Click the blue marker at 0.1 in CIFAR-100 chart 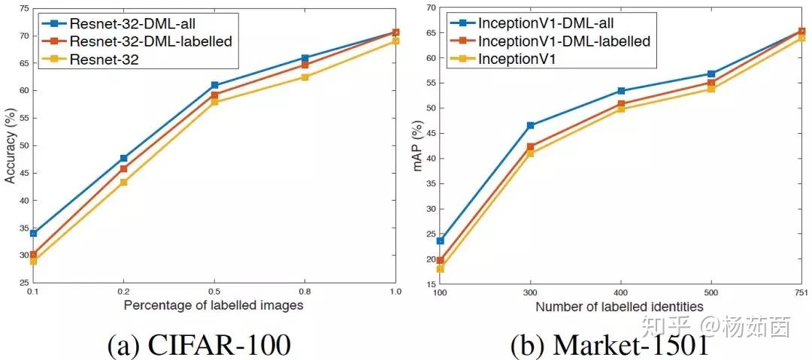click(x=32, y=233)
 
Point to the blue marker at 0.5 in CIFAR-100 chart click(x=214, y=86)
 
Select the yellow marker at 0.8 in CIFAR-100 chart click(x=304, y=77)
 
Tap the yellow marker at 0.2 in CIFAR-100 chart click(x=123, y=182)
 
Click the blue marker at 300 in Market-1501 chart click(x=530, y=126)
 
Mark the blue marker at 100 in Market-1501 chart click(x=440, y=241)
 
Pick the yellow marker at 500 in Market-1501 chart click(x=711, y=89)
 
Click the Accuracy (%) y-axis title click(x=10, y=146)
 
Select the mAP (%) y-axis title click(x=418, y=147)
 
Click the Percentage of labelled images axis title click(x=214, y=306)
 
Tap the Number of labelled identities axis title click(x=620, y=306)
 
